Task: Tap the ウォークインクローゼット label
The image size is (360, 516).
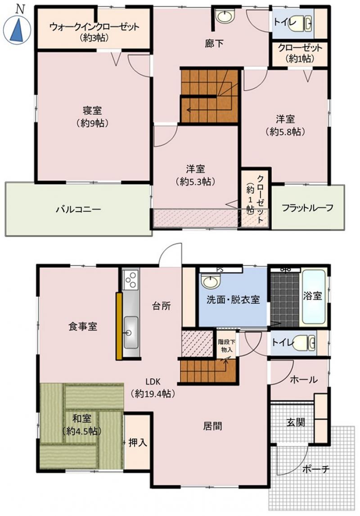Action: click(94, 27)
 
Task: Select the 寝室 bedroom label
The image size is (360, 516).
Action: click(92, 110)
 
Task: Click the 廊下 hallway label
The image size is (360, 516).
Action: click(214, 43)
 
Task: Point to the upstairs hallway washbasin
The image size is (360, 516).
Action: click(225, 16)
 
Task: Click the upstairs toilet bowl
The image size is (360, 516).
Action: click(300, 23)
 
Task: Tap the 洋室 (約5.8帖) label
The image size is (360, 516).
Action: click(285, 125)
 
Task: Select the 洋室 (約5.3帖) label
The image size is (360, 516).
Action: click(196, 176)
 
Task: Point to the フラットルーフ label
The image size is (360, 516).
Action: click(307, 208)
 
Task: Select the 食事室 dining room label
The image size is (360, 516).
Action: click(82, 326)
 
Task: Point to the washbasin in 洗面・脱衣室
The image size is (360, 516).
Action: click(210, 282)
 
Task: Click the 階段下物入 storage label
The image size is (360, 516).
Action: click(226, 345)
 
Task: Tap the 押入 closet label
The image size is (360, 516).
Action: click(138, 443)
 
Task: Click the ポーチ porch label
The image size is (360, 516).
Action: click(315, 469)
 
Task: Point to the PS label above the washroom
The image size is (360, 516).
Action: click(220, 270)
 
